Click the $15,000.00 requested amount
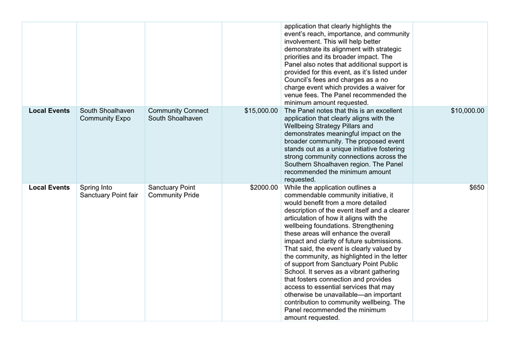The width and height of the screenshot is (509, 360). pos(261,111)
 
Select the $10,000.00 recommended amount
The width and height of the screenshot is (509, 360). pos(467,111)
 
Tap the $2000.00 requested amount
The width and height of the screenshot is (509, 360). pos(264,187)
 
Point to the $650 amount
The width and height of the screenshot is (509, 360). pos(476,187)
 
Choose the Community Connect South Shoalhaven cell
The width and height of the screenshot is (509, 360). pos(178,115)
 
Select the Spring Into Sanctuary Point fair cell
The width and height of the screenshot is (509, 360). pos(109,191)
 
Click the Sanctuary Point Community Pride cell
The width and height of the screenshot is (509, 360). pos(174,191)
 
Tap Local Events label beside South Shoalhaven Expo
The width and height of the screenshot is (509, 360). pos(49,111)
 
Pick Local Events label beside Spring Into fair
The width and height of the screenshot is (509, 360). pos(49,187)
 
